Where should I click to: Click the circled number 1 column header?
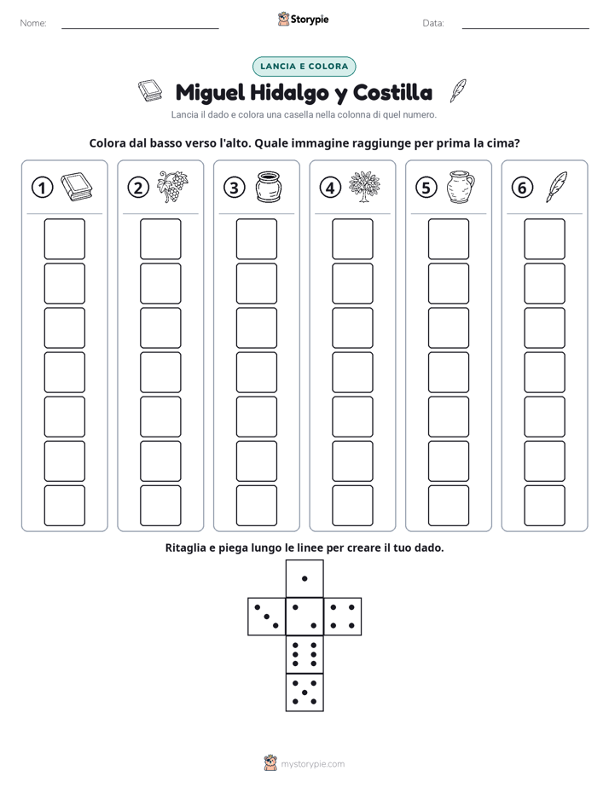pos(42,188)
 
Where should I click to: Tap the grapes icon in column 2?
pos(172,187)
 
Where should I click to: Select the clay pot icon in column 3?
pos(269,187)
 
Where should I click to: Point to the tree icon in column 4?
pos(364,187)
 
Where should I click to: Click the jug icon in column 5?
pos(461,187)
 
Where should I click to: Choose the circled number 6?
pos(522,188)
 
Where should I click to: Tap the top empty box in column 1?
pos(64,239)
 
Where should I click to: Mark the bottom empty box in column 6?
pos(544,506)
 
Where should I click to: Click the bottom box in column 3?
pos(256,506)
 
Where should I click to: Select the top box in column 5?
pos(448,239)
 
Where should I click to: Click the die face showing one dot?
pos(304,578)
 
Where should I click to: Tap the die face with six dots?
pos(304,654)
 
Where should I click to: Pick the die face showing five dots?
pos(304,692)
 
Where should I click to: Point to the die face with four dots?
pos(343,617)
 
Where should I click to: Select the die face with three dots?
pos(266,617)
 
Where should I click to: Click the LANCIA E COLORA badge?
pos(304,67)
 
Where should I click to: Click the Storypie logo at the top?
pos(303,20)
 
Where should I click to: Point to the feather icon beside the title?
pos(458,91)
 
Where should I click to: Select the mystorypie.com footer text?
pos(312,764)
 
